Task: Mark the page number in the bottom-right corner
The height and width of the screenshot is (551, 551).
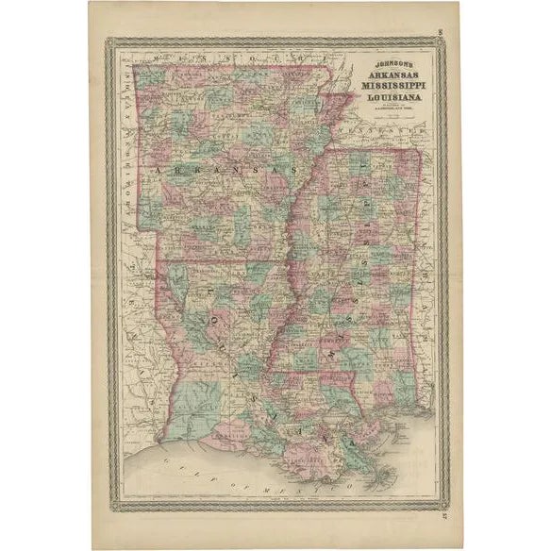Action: coord(443,516)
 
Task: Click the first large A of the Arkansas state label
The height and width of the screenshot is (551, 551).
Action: coord(157,169)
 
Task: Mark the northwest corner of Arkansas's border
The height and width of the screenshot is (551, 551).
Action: coord(134,65)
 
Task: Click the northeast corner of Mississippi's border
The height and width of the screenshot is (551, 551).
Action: coord(419,150)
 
